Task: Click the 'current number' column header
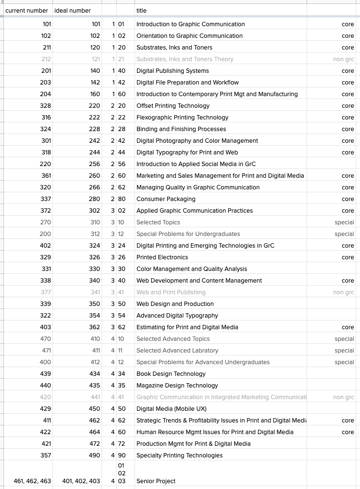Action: click(x=27, y=10)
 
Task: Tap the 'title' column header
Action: click(x=141, y=10)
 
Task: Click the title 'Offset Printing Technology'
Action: click(x=173, y=106)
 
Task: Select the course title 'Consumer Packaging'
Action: click(x=166, y=199)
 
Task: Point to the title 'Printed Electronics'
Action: click(x=162, y=257)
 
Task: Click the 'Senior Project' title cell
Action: click(x=156, y=481)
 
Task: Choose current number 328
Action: click(x=45, y=106)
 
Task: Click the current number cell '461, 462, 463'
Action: click(x=32, y=481)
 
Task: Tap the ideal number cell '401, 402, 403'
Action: click(x=81, y=481)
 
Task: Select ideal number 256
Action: click(x=95, y=164)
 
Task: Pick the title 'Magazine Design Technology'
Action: click(x=177, y=386)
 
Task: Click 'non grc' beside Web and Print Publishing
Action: click(x=343, y=292)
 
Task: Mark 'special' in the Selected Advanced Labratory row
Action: click(x=344, y=351)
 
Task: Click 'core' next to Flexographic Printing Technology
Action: click(x=348, y=118)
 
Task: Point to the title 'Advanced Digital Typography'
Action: click(x=177, y=316)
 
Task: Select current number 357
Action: click(x=45, y=455)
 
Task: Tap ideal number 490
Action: click(x=95, y=455)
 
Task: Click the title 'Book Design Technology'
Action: click(x=171, y=374)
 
